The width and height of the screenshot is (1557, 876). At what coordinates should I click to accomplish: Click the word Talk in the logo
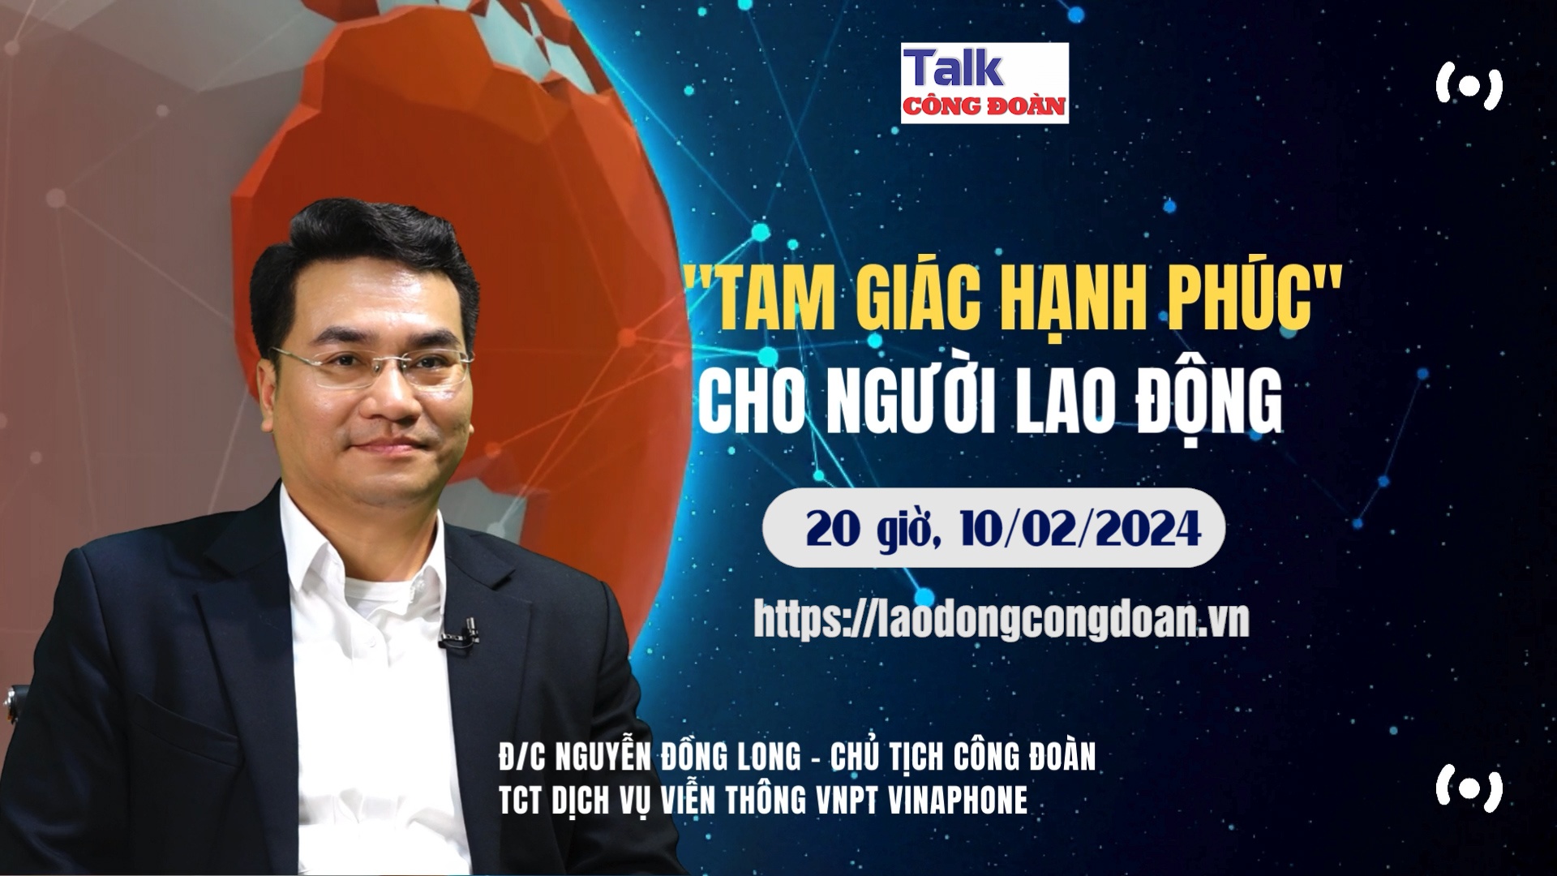tap(954, 68)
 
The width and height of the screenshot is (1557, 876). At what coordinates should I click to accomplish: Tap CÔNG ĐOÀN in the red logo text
tap(984, 107)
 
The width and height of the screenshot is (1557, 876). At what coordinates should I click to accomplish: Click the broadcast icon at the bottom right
tap(1469, 787)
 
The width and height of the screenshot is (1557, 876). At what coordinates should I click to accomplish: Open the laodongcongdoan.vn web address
tap(1002, 620)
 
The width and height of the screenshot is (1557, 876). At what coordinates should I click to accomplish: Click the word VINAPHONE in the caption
tap(958, 801)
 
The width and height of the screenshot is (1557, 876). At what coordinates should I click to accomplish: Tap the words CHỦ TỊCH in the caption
tap(877, 756)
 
